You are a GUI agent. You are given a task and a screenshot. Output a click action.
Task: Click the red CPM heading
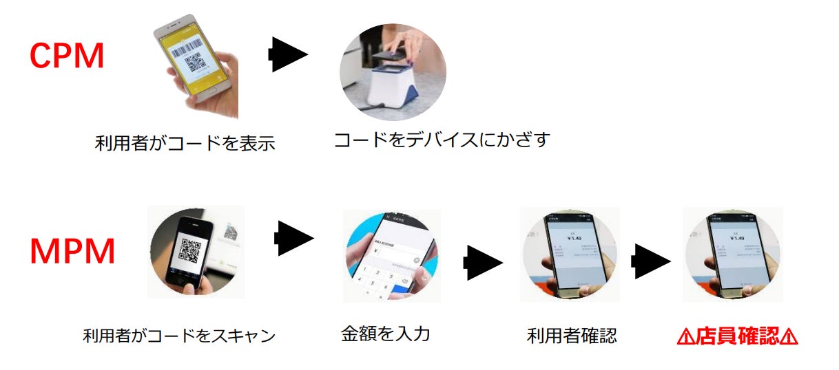(67, 56)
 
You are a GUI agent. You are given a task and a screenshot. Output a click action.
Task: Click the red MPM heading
(72, 252)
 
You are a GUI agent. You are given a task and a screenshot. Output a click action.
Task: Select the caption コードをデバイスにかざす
(442, 140)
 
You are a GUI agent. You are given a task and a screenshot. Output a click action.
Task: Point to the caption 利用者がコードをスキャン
(178, 336)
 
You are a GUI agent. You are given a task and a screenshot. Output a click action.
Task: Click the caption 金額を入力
(386, 334)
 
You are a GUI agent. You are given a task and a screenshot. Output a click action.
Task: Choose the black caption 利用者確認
(572, 336)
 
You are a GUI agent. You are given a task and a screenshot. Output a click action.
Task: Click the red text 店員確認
(737, 336)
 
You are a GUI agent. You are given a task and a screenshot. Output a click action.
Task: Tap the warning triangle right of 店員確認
(789, 337)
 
